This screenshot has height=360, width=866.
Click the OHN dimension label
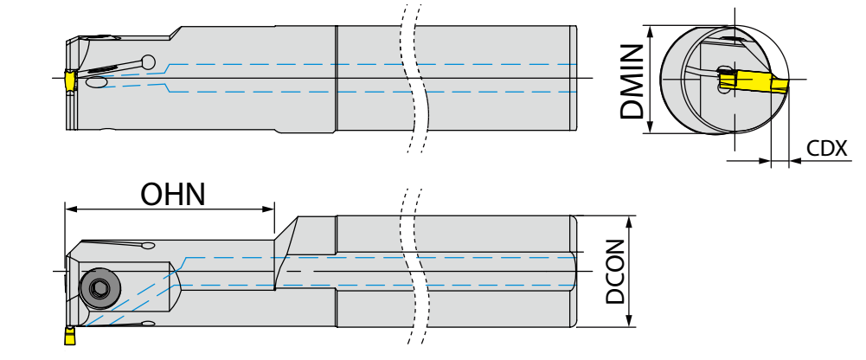[x=173, y=194]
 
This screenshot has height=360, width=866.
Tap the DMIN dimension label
[x=633, y=82]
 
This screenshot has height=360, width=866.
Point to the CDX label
[x=825, y=148]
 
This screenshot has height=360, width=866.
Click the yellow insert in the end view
[x=755, y=83]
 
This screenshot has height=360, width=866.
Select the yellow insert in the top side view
[x=67, y=80]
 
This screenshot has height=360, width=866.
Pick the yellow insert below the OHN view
[x=67, y=334]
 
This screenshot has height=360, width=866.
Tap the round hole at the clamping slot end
[x=150, y=62]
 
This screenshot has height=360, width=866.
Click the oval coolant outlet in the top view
[x=96, y=82]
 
